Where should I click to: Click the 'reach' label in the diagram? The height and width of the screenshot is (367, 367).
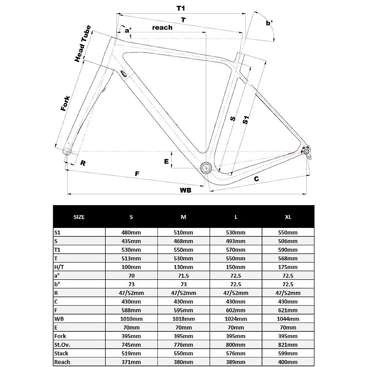[x=162, y=28]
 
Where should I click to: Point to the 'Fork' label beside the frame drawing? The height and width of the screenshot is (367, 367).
[x=65, y=103]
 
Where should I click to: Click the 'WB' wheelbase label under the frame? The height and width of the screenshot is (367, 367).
[x=186, y=190]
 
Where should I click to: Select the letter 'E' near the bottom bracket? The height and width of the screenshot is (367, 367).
[x=166, y=161]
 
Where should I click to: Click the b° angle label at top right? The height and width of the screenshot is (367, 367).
[x=269, y=23]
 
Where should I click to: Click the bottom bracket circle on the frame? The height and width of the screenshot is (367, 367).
[x=206, y=168]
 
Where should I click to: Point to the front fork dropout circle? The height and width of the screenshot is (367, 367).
[x=67, y=151]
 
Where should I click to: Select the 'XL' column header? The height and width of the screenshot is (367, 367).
[x=288, y=217]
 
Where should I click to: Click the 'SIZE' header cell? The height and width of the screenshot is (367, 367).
[x=79, y=217]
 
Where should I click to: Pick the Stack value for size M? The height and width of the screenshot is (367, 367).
[x=183, y=353]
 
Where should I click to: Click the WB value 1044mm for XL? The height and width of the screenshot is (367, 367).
[x=288, y=319]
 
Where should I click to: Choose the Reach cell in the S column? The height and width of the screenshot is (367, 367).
[x=131, y=362]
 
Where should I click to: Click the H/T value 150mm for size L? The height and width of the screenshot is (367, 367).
[x=236, y=267]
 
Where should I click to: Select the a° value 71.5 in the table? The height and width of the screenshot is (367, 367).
[x=183, y=276]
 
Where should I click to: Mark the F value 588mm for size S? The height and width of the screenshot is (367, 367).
[x=131, y=310]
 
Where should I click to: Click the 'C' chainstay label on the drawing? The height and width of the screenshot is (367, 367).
[x=257, y=179]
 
